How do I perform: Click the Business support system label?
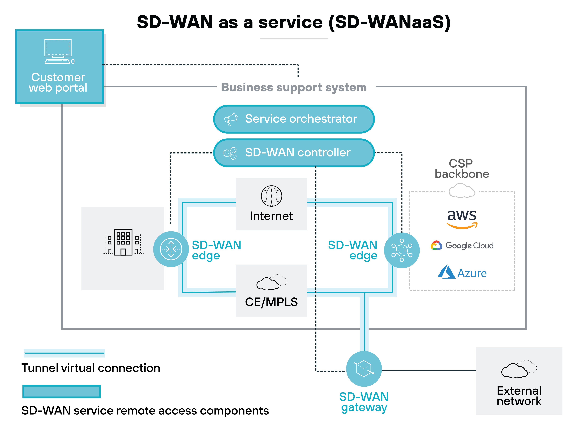pos(294,87)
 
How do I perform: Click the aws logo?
pos(462,219)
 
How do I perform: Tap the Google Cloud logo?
pos(462,245)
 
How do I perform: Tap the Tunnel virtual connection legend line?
pos(64,353)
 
